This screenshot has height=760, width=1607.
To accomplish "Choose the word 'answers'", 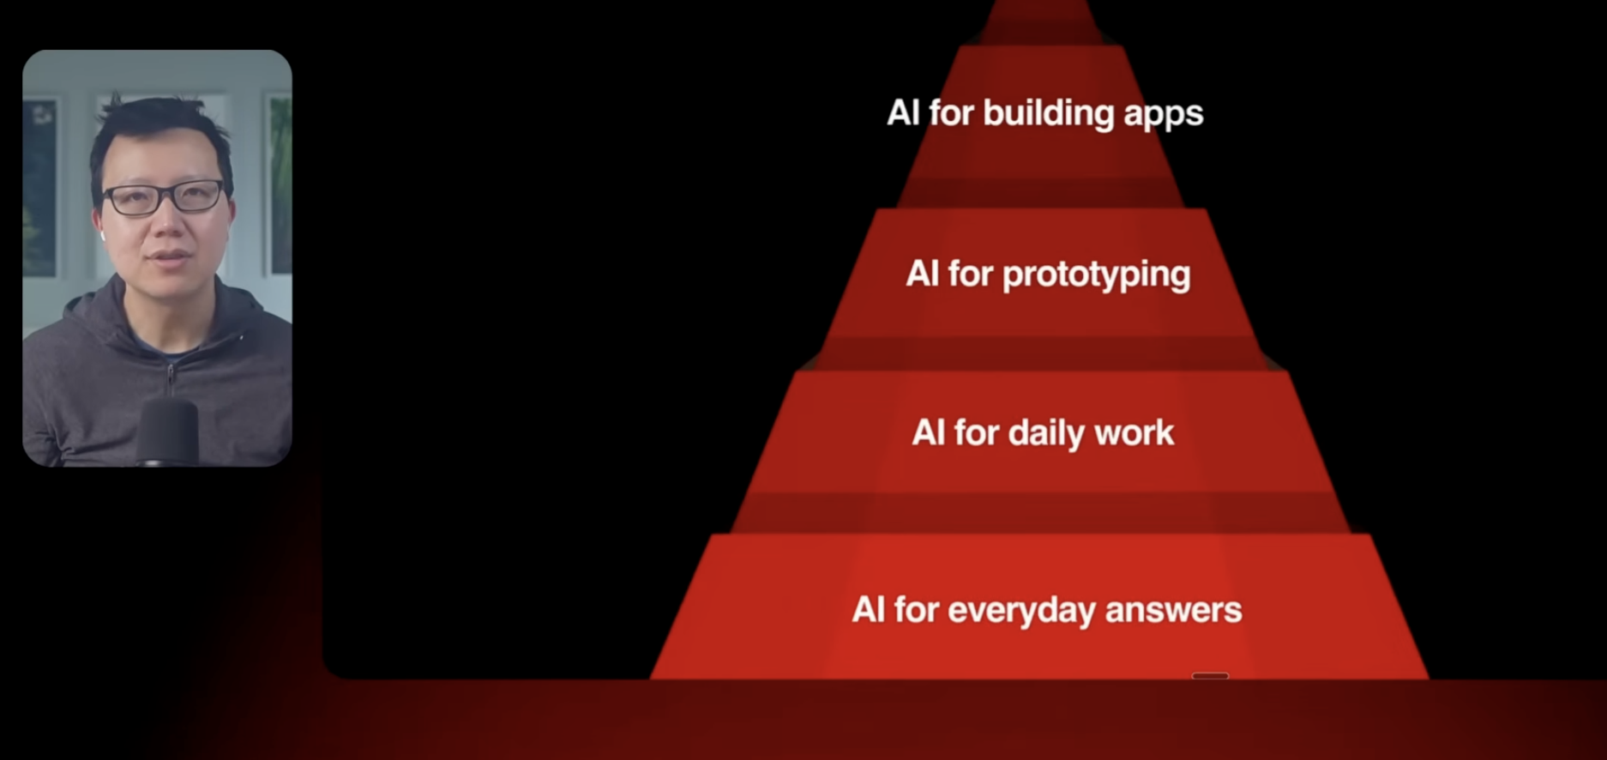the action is click(1173, 611).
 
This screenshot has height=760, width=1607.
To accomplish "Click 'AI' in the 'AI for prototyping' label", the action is click(923, 274).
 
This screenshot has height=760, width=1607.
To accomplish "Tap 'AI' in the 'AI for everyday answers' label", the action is click(868, 610).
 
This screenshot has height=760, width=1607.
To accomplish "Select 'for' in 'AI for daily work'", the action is click(977, 432).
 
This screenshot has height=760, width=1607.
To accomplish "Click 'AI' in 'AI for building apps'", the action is click(904, 112).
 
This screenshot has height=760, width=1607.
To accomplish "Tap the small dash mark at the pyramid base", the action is click(1210, 676).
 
